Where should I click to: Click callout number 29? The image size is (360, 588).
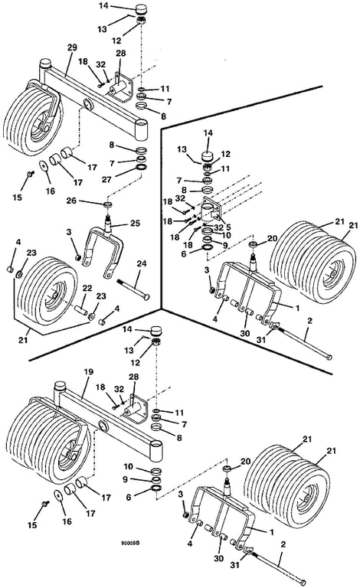(x=72, y=47)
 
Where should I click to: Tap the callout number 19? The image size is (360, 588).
(x=88, y=372)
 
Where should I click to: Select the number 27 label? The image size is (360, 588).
(x=107, y=180)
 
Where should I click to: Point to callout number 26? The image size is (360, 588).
(x=70, y=201)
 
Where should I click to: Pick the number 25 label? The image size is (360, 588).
(x=135, y=223)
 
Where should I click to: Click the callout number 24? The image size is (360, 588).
(x=142, y=264)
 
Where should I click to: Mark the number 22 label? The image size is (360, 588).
(x=87, y=288)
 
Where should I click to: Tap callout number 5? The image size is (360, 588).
(x=228, y=227)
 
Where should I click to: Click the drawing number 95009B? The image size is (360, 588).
(x=129, y=543)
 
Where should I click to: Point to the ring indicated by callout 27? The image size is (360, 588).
(x=142, y=167)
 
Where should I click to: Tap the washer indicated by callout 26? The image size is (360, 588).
(x=108, y=204)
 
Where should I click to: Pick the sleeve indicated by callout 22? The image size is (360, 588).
(x=82, y=311)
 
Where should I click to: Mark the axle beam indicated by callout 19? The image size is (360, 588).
(x=109, y=420)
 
